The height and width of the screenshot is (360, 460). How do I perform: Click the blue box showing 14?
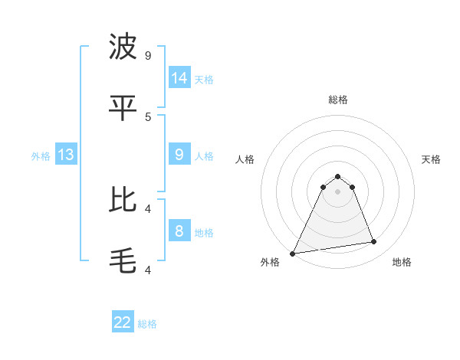179,78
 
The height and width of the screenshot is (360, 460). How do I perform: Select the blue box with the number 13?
66,155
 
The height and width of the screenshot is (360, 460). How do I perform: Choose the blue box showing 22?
123,322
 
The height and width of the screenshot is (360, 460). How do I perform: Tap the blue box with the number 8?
179,231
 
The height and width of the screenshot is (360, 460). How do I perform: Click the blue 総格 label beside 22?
147,324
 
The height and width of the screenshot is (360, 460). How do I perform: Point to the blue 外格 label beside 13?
41,156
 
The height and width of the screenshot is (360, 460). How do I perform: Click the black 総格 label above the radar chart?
338,100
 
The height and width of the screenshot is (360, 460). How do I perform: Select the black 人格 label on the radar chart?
245,159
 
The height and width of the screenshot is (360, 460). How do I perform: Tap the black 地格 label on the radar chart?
402,262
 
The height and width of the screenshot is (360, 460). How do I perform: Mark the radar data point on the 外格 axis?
293,254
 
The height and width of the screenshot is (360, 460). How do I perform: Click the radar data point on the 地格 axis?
374,242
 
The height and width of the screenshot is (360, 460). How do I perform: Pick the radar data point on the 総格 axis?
338,176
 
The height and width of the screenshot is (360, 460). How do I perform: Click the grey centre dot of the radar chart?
338,191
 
